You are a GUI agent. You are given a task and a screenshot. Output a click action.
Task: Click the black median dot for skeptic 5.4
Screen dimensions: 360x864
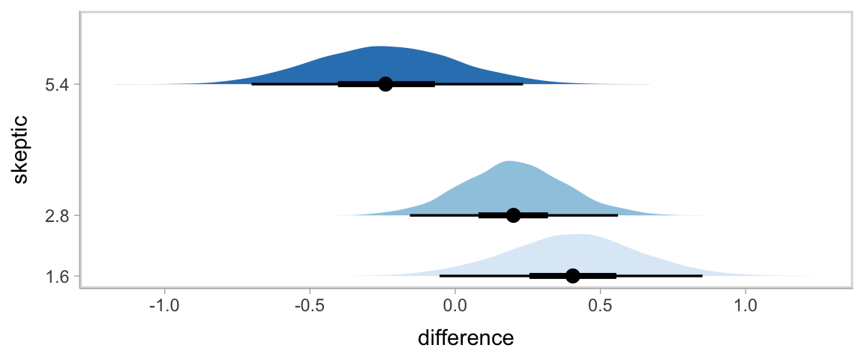tap(385, 84)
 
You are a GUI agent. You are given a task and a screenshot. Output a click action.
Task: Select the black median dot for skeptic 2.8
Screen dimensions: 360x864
tap(513, 215)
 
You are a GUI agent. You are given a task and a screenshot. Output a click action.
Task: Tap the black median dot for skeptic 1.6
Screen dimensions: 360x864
tap(573, 276)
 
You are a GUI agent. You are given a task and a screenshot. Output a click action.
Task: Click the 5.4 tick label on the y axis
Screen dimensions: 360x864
tap(58, 85)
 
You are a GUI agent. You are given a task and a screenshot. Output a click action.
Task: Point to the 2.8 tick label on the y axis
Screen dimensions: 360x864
tap(58, 216)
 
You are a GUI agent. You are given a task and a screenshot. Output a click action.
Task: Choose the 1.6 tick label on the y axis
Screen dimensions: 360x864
tap(58, 277)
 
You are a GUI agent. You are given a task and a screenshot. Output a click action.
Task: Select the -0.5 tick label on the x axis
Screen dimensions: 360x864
tap(308, 307)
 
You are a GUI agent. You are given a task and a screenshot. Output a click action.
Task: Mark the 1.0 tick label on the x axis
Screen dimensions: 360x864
tap(745, 307)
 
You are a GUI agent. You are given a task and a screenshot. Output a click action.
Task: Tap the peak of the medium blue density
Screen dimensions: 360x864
tap(510, 162)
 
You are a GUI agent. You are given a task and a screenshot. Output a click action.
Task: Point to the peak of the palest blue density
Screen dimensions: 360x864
tap(576, 235)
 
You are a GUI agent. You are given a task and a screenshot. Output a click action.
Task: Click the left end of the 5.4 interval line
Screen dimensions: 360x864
tap(252, 84)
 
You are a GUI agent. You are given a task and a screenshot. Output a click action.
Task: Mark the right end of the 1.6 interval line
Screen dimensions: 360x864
tap(702, 276)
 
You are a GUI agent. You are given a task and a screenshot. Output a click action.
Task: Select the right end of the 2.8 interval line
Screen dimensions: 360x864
tap(617, 215)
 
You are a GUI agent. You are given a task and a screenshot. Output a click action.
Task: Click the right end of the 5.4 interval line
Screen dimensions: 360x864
tap(523, 84)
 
